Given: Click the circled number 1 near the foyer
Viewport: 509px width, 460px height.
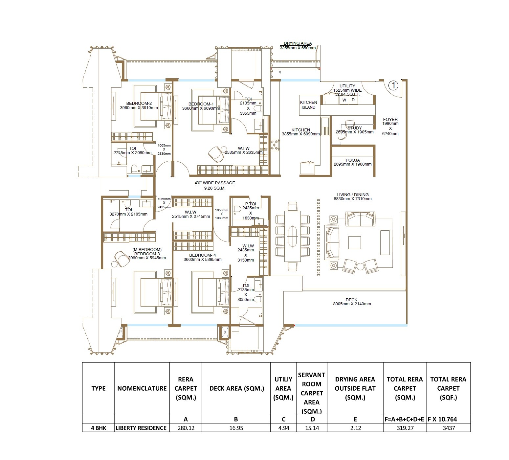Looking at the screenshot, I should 393,86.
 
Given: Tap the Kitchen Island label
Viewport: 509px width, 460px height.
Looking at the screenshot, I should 308,105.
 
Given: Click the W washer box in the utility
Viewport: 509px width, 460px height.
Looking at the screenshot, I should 344,100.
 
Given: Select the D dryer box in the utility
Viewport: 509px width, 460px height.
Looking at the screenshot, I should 353,100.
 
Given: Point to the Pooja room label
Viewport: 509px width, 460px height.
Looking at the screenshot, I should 353,160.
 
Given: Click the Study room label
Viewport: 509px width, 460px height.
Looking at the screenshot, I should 354,128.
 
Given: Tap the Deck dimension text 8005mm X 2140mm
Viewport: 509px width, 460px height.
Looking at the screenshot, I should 352,304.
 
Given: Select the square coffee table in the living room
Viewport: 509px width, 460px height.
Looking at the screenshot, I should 354,243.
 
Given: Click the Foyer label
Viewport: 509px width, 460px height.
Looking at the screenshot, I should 390,120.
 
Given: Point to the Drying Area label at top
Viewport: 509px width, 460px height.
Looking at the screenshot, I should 298,43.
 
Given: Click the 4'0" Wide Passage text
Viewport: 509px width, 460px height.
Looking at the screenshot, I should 215,183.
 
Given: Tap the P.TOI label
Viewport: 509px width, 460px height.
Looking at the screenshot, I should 251,204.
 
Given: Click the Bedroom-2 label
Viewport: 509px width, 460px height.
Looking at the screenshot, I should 139,103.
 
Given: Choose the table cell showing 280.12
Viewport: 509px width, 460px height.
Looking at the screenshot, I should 186,428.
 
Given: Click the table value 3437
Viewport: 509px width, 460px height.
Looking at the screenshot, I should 449,428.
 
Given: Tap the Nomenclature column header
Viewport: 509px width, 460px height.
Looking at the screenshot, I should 142,388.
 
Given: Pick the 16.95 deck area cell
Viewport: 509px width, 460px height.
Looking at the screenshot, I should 236,428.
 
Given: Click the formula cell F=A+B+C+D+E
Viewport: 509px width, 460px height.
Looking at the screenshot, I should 405,419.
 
